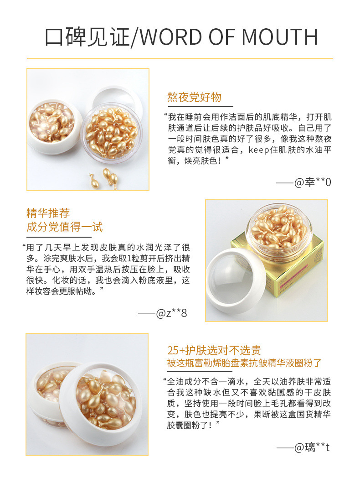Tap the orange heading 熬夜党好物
pyautogui.click(x=194, y=97)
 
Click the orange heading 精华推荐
pyautogui.click(x=48, y=213)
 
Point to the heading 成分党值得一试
pyautogui.click(x=64, y=227)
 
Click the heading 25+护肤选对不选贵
pyautogui.click(x=214, y=350)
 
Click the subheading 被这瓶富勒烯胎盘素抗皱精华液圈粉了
pyautogui.click(x=244, y=363)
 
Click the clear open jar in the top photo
pyautogui.click(x=112, y=132)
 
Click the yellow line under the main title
pyautogui.click(x=180, y=58)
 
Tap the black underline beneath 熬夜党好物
pyautogui.click(x=194, y=106)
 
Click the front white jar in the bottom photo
pyautogui.click(x=100, y=401)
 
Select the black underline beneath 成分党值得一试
pyautogui.click(x=64, y=236)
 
